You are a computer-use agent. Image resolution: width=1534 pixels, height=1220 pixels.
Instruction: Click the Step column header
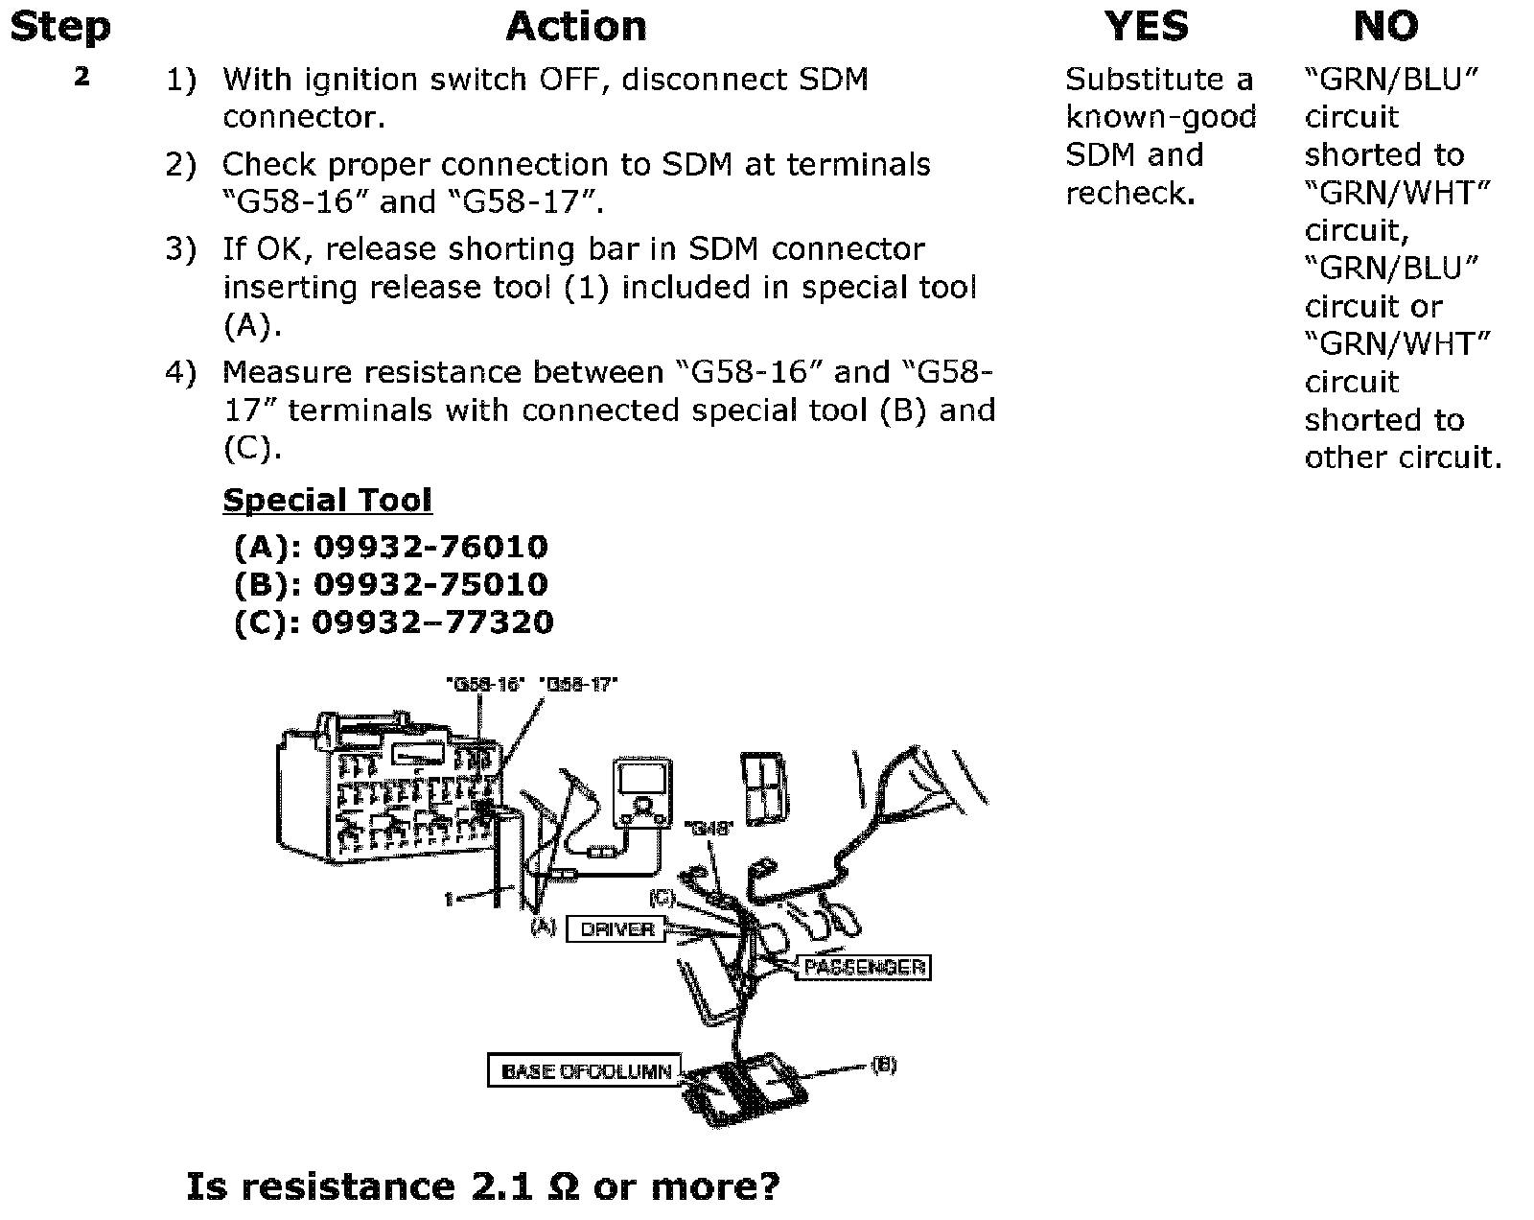(59, 27)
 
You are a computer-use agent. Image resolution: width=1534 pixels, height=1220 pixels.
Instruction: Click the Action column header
(576, 27)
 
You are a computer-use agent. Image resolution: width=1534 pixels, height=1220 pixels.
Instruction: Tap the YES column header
(1146, 27)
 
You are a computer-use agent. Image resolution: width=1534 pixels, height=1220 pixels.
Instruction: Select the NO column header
(1385, 27)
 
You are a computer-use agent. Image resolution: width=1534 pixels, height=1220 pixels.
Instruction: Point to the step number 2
(82, 77)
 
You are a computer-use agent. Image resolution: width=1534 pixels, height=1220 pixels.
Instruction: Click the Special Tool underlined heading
(327, 500)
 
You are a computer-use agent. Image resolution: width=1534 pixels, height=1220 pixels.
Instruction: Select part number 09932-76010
(430, 547)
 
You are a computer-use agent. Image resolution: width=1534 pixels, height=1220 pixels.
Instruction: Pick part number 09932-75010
(430, 584)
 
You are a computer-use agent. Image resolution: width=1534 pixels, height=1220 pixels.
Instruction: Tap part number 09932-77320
(432, 622)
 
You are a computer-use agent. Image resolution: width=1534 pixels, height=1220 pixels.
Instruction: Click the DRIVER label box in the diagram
(616, 929)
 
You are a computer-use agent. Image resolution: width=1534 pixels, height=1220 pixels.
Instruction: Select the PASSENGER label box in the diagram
(865, 967)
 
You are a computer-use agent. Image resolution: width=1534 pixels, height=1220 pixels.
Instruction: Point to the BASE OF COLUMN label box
(585, 1071)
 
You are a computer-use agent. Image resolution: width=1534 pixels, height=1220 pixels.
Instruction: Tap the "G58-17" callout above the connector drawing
(580, 684)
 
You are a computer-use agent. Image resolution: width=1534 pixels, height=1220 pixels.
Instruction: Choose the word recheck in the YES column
(1129, 194)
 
